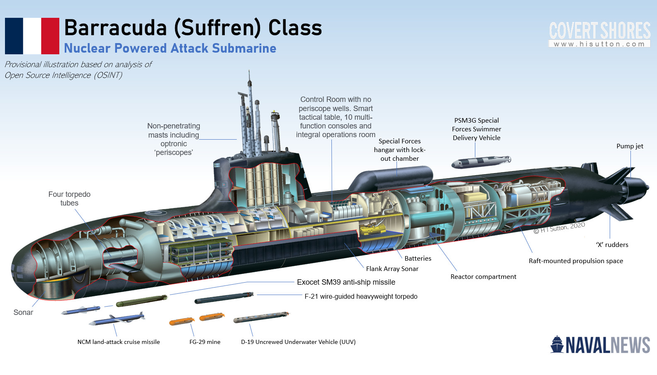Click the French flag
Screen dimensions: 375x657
(x=32, y=36)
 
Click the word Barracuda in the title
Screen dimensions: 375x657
(x=115, y=28)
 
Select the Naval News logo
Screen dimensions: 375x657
(x=600, y=345)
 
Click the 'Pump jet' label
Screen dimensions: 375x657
(x=630, y=146)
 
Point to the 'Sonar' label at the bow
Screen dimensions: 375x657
(x=23, y=312)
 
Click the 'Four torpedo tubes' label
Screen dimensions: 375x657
(x=69, y=198)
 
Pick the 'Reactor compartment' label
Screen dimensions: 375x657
(x=483, y=277)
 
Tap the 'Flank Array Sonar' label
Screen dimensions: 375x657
(x=392, y=269)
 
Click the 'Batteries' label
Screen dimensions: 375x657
(x=418, y=259)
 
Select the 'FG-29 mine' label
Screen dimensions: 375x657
(x=205, y=342)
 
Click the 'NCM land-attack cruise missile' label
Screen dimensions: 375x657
(x=119, y=342)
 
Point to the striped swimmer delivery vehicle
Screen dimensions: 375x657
(x=481, y=162)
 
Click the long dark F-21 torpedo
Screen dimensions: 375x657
(x=224, y=298)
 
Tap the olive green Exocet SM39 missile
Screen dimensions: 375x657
(x=141, y=301)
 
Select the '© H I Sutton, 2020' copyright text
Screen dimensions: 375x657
(x=559, y=228)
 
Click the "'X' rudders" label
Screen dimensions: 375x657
(x=612, y=245)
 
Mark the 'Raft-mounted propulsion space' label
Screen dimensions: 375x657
(x=576, y=261)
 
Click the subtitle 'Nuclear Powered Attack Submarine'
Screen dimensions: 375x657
(x=170, y=48)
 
